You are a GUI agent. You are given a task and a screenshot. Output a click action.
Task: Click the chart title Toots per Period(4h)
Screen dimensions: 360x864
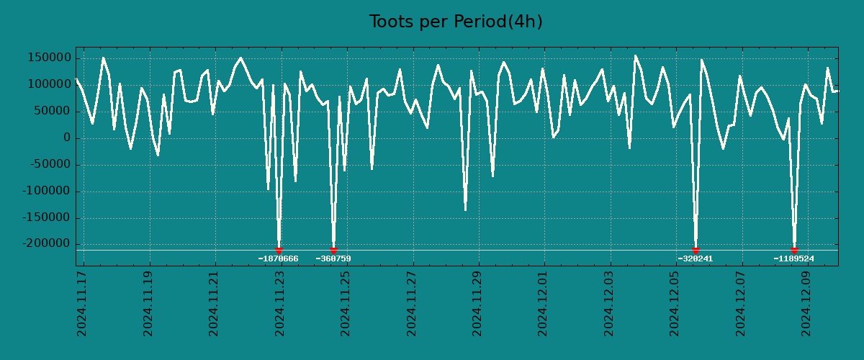[x=456, y=22]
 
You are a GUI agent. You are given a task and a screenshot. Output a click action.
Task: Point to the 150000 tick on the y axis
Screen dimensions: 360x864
[x=48, y=58]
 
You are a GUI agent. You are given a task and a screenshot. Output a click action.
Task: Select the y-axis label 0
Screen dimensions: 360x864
[x=66, y=138]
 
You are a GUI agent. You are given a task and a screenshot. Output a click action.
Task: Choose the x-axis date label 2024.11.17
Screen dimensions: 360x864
[x=82, y=303]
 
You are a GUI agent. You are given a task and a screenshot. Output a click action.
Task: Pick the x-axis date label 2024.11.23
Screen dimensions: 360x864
[x=280, y=303]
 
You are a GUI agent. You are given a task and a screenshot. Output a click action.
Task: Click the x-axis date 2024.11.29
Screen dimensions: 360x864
[x=477, y=303]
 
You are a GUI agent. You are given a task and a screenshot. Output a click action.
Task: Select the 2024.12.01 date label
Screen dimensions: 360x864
[x=543, y=303]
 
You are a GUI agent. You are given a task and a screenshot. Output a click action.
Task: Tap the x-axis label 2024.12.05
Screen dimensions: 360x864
[x=675, y=303]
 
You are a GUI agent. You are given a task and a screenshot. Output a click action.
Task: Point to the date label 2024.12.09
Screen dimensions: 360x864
[x=806, y=303]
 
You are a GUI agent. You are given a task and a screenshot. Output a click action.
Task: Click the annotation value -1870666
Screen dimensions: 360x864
[x=278, y=259]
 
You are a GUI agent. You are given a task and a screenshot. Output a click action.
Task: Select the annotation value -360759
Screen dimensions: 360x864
[x=333, y=259]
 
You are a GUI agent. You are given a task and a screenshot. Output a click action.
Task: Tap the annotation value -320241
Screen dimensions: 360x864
[x=695, y=259]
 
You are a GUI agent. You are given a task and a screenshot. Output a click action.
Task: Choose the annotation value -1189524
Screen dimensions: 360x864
[x=793, y=259]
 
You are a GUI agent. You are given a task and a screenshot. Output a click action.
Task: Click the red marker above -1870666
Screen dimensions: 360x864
[x=279, y=250]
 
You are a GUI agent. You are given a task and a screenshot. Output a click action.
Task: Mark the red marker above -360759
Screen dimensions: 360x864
[x=333, y=250]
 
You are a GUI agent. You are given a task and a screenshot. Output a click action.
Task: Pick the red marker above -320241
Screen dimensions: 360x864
[x=696, y=250]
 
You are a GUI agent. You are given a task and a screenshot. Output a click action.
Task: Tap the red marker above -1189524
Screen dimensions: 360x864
[x=794, y=250]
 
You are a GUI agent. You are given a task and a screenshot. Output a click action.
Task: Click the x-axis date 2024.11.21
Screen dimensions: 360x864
[x=214, y=303]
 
